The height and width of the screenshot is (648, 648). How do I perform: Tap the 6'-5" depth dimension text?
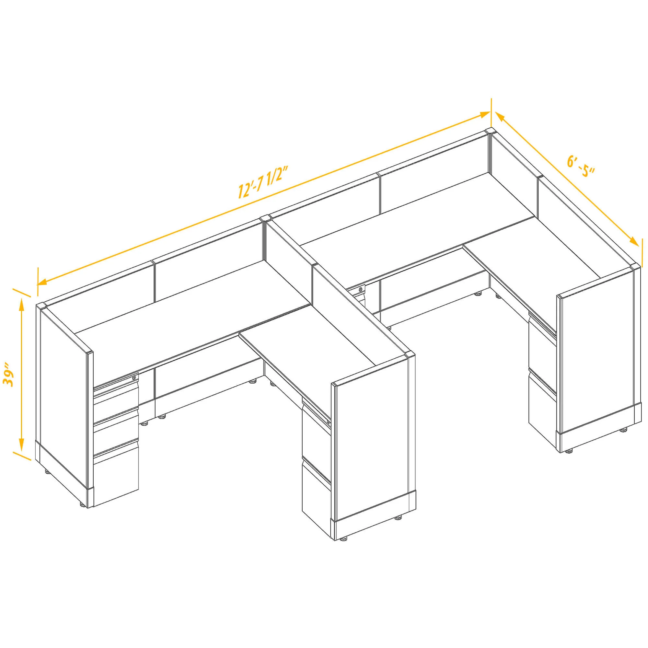[x=581, y=168]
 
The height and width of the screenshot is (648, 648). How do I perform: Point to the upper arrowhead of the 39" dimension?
[x=21, y=304]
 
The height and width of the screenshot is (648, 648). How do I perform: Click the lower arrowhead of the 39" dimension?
[x=21, y=446]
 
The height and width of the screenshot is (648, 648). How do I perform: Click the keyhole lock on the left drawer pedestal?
[x=134, y=378]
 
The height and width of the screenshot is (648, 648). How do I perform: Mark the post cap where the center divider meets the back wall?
[x=266, y=219]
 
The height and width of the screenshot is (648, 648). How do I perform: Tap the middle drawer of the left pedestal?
[x=116, y=426]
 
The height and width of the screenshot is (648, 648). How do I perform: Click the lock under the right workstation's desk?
[x=361, y=289]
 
